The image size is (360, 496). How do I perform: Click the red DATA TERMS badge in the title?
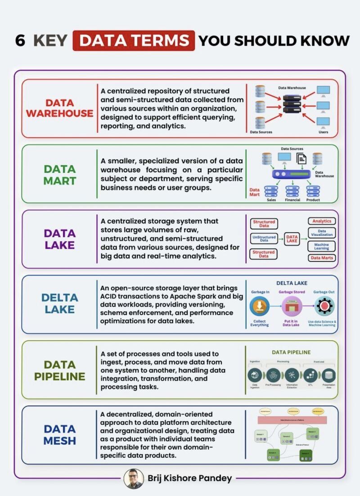[134, 41]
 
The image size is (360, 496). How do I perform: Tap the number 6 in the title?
[20, 41]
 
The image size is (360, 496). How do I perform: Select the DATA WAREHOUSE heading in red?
[59, 108]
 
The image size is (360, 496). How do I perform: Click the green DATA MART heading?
[59, 175]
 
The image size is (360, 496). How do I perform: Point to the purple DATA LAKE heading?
[59, 239]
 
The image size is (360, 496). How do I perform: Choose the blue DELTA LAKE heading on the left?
[59, 304]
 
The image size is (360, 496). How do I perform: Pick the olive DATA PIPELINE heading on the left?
[59, 370]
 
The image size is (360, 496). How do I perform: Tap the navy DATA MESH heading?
[59, 435]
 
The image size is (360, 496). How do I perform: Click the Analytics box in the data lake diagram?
[322, 221]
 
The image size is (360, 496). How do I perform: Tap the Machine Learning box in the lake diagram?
[321, 247]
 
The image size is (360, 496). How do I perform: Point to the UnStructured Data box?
[264, 239]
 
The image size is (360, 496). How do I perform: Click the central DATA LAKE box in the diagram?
[292, 239]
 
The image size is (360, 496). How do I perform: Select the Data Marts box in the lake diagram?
[321, 258]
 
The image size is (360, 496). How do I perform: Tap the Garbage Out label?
[324, 292]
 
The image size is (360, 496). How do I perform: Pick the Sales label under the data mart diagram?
[271, 199]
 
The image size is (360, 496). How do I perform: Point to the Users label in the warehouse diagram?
[323, 132]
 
